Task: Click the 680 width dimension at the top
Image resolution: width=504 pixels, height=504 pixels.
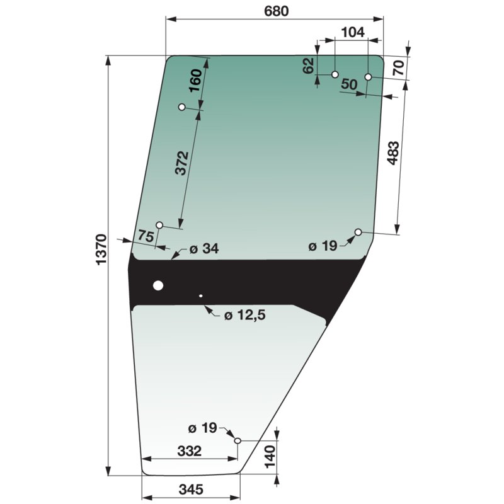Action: (x=276, y=11)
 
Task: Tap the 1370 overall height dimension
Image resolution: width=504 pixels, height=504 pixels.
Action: (x=101, y=249)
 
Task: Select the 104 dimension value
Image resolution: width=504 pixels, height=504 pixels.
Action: (x=353, y=32)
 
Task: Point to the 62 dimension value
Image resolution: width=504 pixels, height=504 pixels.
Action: (x=309, y=66)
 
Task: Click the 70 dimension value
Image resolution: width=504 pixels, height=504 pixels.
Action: (x=399, y=68)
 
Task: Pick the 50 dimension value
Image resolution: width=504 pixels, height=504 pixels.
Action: (x=349, y=84)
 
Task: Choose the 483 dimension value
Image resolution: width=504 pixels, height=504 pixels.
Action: (x=393, y=153)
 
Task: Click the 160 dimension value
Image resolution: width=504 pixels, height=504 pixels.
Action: (x=195, y=81)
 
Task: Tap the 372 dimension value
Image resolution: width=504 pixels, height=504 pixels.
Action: (x=182, y=163)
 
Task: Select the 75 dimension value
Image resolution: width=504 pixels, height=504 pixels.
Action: (x=146, y=236)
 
